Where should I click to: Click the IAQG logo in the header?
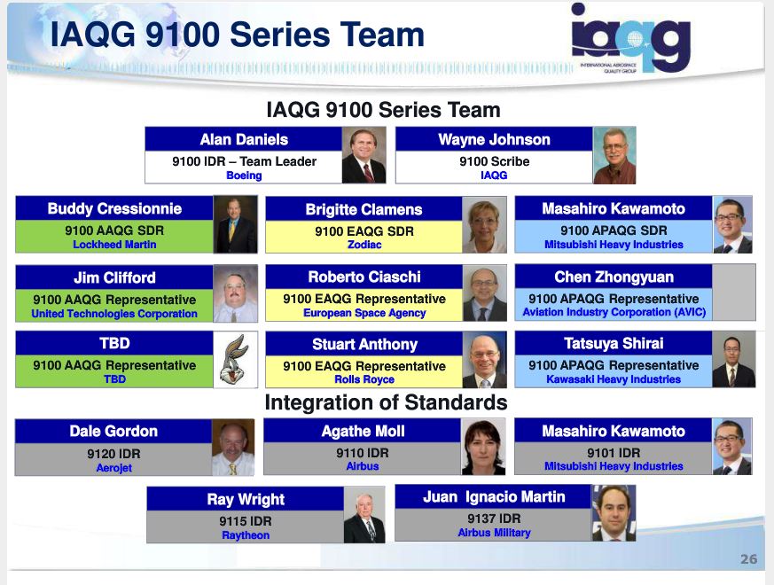(630, 38)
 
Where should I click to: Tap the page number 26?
(749, 558)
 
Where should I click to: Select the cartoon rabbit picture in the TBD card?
(236, 359)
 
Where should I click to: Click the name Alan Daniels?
(244, 140)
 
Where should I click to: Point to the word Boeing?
(244, 175)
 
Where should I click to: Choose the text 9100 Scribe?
(494, 161)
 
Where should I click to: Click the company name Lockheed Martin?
(114, 245)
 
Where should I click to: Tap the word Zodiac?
(364, 245)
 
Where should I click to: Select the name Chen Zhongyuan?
(614, 277)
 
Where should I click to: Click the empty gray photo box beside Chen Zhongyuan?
(733, 292)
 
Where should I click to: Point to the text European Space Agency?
(364, 313)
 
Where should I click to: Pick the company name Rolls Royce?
(364, 379)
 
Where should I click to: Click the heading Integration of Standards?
(386, 402)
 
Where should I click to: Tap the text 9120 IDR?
(113, 454)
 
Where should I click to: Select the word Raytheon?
(246, 535)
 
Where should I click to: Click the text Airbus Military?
(494, 533)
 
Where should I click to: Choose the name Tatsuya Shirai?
(614, 344)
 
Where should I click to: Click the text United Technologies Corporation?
(114, 314)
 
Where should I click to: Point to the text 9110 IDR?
(363, 453)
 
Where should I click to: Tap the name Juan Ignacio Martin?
(494, 497)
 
